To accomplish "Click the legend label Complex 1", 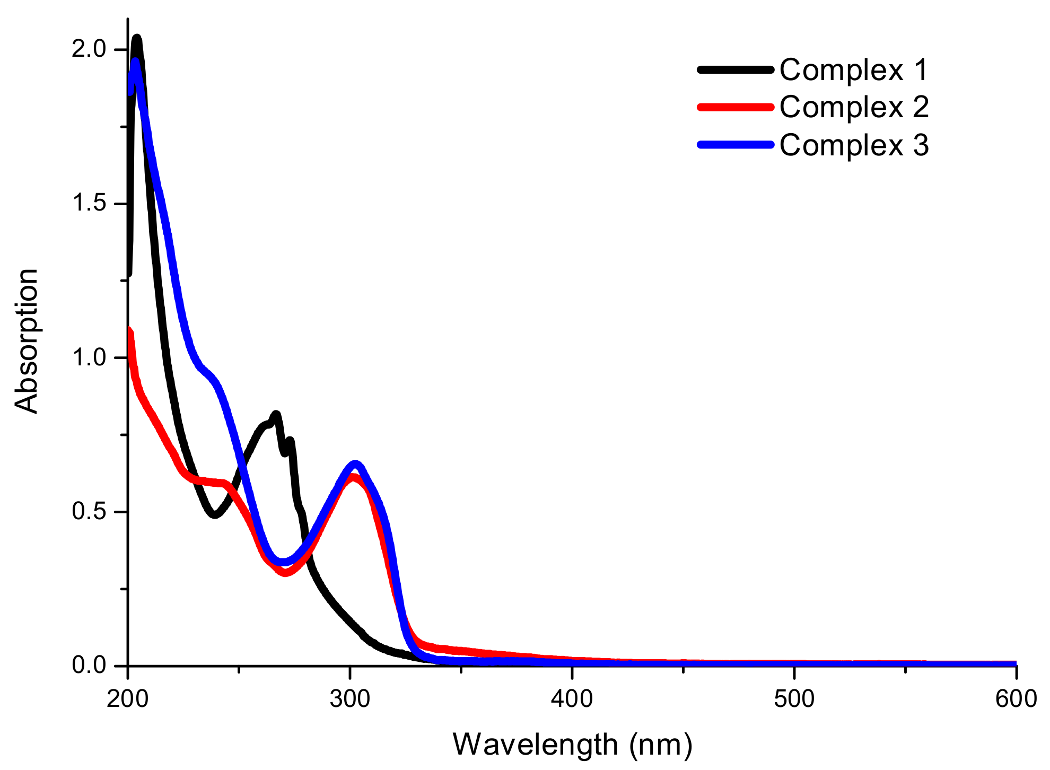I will tap(854, 70).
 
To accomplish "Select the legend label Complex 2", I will tap(854, 107).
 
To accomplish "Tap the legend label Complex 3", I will tap(854, 145).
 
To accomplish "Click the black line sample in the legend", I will tap(735, 69).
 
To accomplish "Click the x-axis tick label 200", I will tap(127, 699).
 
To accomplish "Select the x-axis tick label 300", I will tap(349, 699).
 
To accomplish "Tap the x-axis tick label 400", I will tap(572, 699).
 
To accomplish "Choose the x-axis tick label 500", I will tap(794, 699).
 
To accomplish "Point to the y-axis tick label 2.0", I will tap(89, 49).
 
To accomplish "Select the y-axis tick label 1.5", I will tap(89, 204).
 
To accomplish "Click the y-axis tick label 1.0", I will tap(89, 358).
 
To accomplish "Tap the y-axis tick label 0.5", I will tap(89, 512).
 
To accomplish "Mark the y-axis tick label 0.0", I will tap(89, 666).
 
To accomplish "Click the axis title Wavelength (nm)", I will tap(572, 745).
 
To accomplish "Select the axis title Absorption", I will tap(27, 341).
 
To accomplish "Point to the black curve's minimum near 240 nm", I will tap(214, 514).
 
